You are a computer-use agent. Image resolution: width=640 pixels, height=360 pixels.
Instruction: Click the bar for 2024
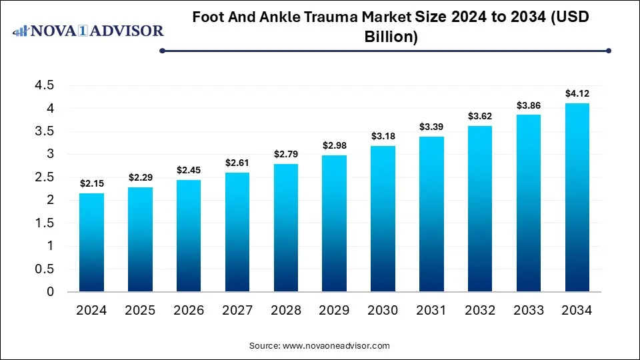pyautogui.click(x=91, y=243)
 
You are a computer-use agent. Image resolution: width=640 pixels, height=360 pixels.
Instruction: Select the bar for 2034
pyautogui.click(x=577, y=197)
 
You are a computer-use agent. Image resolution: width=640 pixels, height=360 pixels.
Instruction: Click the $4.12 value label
pyautogui.click(x=577, y=93)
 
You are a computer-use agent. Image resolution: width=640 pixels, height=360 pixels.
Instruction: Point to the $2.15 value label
pyautogui.click(x=91, y=183)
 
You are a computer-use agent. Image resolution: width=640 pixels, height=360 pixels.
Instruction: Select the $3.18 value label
pyautogui.click(x=383, y=136)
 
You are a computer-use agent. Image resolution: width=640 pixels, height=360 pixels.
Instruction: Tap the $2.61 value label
pyautogui.click(x=237, y=163)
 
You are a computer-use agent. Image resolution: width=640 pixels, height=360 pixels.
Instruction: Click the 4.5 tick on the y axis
pyautogui.click(x=45, y=85)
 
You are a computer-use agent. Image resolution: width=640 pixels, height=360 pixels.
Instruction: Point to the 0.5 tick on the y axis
pyautogui.click(x=45, y=269)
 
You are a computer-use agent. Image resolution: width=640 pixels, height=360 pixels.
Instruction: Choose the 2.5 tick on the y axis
pyautogui.click(x=45, y=177)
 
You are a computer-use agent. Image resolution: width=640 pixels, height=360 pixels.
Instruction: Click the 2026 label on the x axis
pyautogui.click(x=189, y=310)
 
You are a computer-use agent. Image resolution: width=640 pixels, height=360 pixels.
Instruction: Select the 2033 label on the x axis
pyautogui.click(x=528, y=310)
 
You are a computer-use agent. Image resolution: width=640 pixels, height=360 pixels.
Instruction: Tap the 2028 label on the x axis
pyautogui.click(x=285, y=310)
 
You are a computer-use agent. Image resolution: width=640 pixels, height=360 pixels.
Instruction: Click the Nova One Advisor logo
pyautogui.click(x=89, y=31)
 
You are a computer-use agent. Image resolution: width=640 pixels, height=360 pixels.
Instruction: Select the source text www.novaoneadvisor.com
pyautogui.click(x=336, y=346)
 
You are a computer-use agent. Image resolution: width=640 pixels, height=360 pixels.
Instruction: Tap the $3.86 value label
pyautogui.click(x=528, y=105)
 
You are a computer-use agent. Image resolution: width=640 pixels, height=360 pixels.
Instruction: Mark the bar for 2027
pyautogui.click(x=237, y=232)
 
